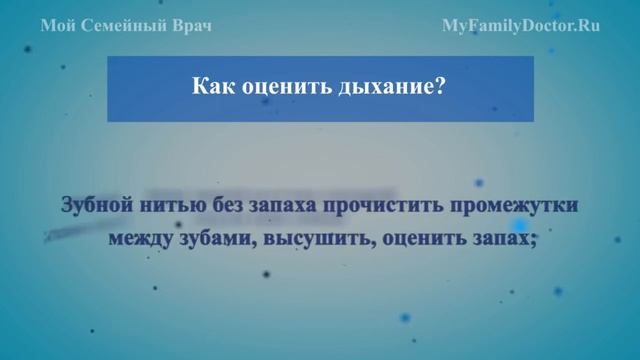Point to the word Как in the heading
coord(211,87)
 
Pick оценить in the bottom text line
coord(413,240)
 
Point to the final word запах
coord(500,240)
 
